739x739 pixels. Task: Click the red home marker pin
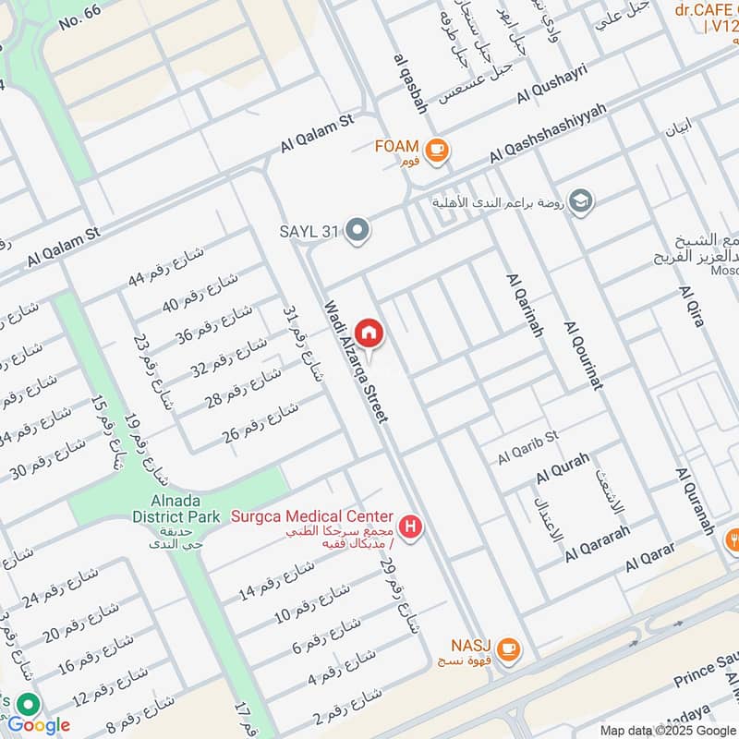369,333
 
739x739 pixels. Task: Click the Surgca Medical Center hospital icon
412,528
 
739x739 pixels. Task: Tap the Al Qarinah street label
523,305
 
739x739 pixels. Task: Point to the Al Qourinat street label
582,356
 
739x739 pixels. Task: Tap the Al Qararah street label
598,544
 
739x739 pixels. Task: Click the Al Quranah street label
696,502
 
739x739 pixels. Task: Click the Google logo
40,725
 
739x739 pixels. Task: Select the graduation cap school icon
581,201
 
